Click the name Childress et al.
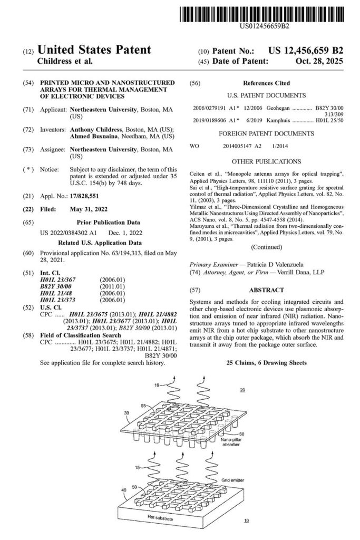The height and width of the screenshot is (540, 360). coord(65,61)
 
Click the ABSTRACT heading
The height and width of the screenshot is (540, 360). coord(266,290)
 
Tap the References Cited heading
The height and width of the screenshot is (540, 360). coord(266,84)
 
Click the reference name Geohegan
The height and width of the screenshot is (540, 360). coord(277,107)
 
